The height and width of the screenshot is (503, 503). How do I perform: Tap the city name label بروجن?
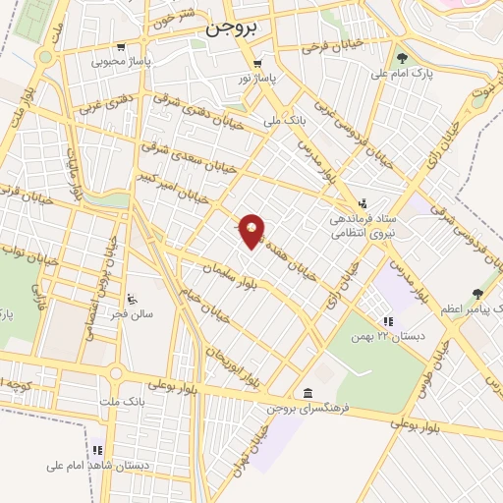232,29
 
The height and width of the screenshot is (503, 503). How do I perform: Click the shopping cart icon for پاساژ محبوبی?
120,46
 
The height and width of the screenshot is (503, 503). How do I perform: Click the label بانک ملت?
122,402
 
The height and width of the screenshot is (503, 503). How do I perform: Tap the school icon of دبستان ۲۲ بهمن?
388,320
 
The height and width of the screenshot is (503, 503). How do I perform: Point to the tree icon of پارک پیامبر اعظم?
477,294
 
